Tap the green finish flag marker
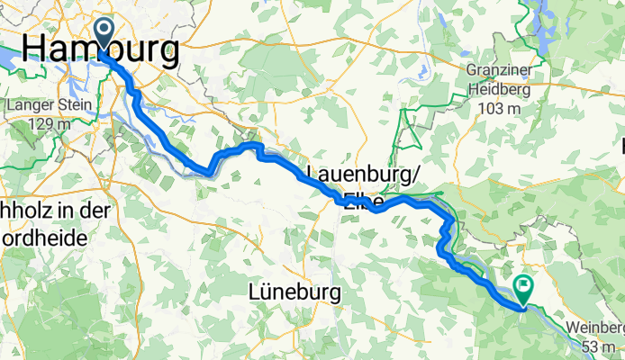pyautogui.click(x=522, y=288)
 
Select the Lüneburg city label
pyautogui.click(x=294, y=292)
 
